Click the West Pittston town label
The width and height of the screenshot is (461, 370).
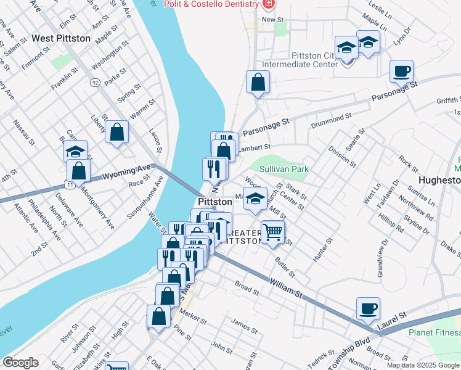[x=61, y=38]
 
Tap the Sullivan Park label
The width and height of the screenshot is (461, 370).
[x=284, y=168]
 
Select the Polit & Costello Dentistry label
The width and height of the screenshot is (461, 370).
[x=211, y=5]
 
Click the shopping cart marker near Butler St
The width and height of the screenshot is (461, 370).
[x=273, y=232]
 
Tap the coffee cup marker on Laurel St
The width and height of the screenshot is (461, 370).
[x=369, y=308]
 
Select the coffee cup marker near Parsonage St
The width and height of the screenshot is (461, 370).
[x=401, y=71]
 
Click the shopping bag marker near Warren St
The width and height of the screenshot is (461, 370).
[x=116, y=132]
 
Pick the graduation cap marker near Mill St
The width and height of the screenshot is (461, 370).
[x=255, y=200]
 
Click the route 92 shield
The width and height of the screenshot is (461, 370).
[x=95, y=81]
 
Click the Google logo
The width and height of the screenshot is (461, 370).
[x=20, y=363]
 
